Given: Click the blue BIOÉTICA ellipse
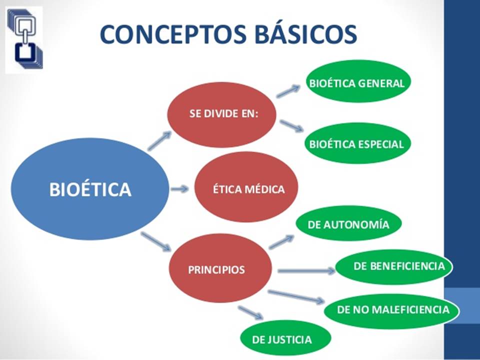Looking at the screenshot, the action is pos(90,189).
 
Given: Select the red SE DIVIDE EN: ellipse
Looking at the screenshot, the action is pos(221,114).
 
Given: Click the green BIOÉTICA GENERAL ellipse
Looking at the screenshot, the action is pos(356,83).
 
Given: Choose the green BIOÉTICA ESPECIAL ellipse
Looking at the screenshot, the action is pos(356,144).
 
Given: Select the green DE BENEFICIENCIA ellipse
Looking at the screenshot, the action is pos(394,266).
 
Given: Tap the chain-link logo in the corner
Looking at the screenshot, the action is pos(24,37).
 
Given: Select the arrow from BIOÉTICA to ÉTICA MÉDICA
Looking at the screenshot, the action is pos(179,189).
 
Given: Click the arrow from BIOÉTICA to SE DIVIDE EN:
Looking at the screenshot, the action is pos(160,141).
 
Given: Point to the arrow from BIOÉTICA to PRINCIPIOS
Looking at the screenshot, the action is pos(156,241).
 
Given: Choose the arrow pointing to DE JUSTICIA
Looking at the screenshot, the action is pos(250,312).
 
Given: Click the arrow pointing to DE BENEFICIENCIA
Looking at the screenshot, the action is pos(306,271).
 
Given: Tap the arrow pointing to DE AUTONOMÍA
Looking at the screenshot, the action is pos(281,242).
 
